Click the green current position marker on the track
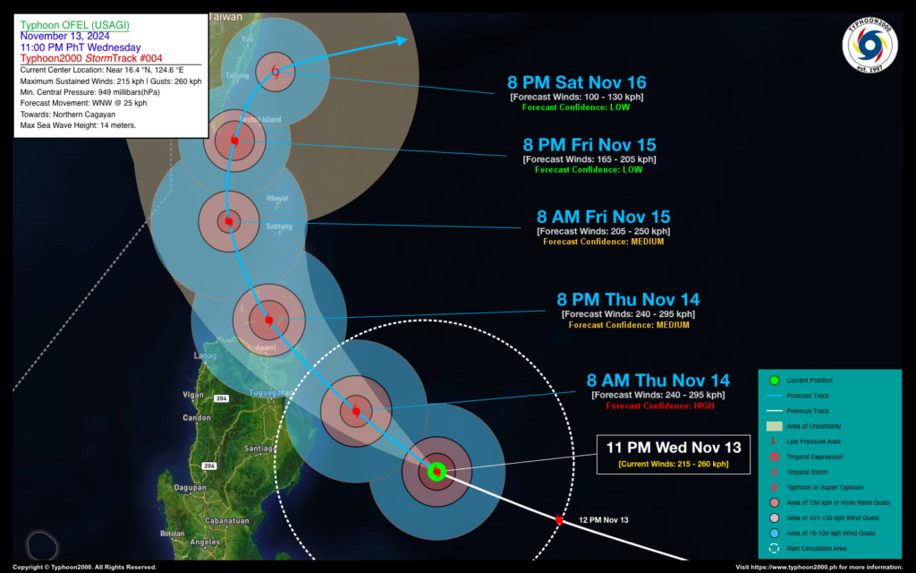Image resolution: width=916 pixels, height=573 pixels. click(x=437, y=471)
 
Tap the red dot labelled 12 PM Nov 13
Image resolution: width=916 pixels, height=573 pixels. click(x=559, y=519)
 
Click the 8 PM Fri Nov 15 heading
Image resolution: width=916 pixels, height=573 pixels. click(x=589, y=144)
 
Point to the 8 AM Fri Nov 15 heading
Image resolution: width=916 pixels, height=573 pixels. click(x=603, y=217)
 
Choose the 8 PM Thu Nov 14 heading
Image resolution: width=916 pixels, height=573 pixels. click(x=628, y=299)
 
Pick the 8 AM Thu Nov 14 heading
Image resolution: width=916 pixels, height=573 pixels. click(x=657, y=380)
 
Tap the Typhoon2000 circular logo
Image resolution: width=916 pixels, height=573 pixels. click(x=869, y=45)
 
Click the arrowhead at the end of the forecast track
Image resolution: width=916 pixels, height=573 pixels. click(x=402, y=39)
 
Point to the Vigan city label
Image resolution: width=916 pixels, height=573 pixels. click(x=193, y=394)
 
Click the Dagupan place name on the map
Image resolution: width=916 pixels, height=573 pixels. click(x=191, y=488)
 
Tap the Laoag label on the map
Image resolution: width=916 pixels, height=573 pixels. click(x=205, y=356)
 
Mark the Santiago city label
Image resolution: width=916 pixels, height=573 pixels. click(x=259, y=448)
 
